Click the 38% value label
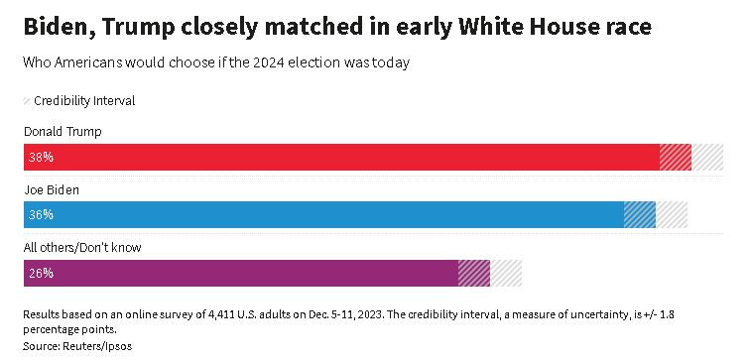[x=41, y=157]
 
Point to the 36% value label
[x=41, y=214]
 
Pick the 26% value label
[x=41, y=273]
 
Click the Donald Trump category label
[x=62, y=131]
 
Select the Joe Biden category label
[x=51, y=188]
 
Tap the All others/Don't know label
[x=80, y=247]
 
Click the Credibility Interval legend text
[x=84, y=100]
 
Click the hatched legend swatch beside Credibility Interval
[x=26, y=100]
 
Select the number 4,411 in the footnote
[x=225, y=313]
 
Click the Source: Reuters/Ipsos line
[x=76, y=346]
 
